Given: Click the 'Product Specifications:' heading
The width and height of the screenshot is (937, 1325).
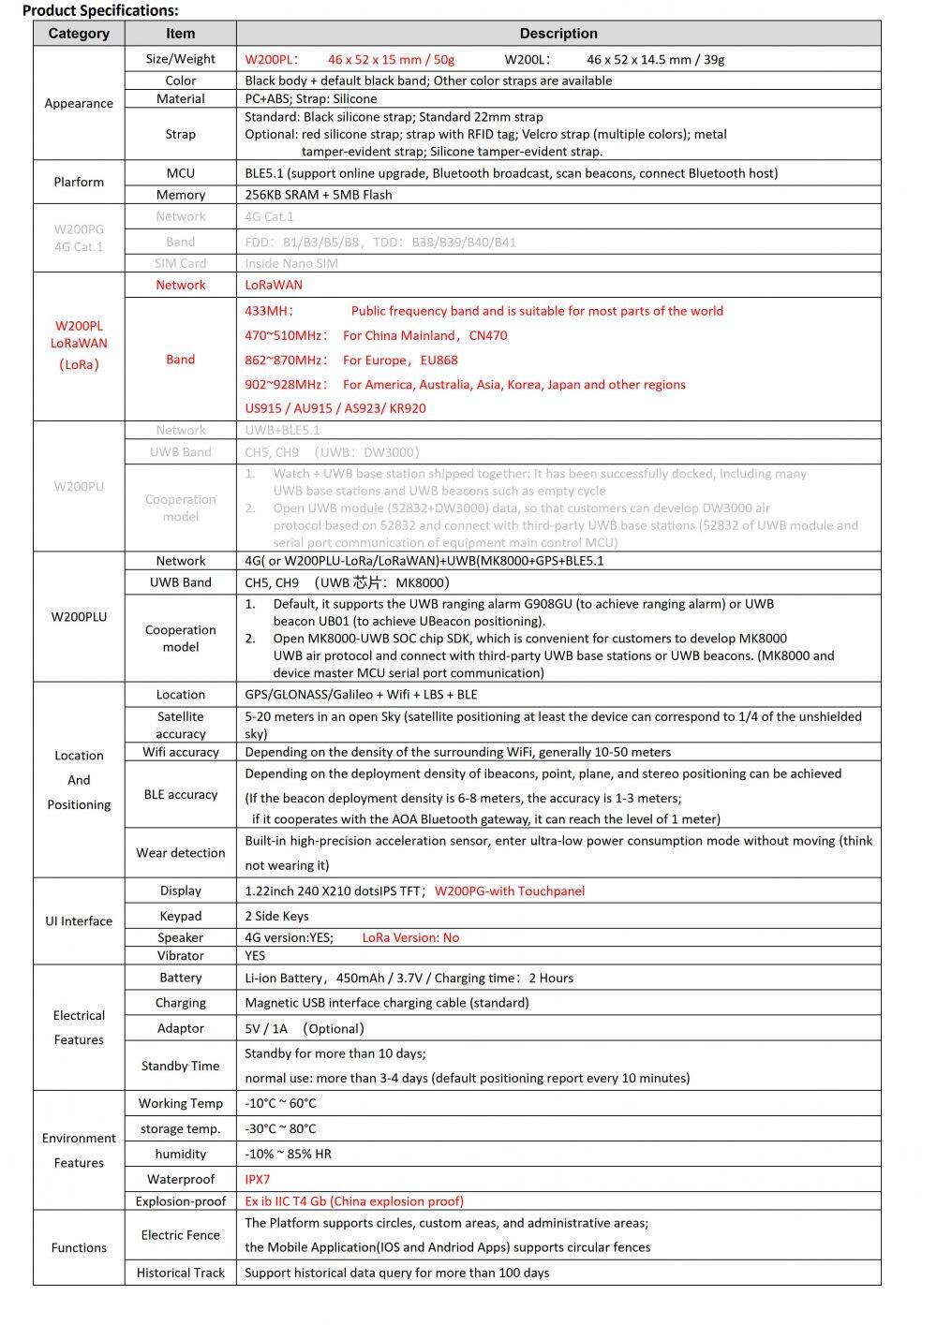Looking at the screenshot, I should pyautogui.click(x=100, y=11).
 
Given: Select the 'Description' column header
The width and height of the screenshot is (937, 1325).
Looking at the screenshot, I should pyautogui.click(x=558, y=34).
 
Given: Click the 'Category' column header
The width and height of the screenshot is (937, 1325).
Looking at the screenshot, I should pyautogui.click(x=79, y=34).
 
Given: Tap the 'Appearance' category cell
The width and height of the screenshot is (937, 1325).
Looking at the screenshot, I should pyautogui.click(x=79, y=103).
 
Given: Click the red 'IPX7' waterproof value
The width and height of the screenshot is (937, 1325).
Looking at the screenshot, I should pyautogui.click(x=258, y=1180).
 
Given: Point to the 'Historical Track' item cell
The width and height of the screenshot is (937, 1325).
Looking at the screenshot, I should pyautogui.click(x=181, y=1273).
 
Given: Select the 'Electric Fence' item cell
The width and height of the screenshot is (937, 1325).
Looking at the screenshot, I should pyautogui.click(x=181, y=1235).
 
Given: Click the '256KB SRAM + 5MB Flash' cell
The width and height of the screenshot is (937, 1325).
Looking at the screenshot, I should pyautogui.click(x=319, y=195).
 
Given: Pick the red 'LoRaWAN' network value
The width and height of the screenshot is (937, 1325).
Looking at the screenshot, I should pyautogui.click(x=274, y=285).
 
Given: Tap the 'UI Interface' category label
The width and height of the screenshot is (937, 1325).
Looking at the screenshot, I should pyautogui.click(x=79, y=921).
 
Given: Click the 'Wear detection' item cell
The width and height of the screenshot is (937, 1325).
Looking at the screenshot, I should pyautogui.click(x=181, y=853).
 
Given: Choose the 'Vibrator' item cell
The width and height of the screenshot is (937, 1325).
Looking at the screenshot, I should pyautogui.click(x=181, y=956).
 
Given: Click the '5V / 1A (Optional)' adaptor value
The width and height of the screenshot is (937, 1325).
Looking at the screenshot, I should pyautogui.click(x=304, y=1028).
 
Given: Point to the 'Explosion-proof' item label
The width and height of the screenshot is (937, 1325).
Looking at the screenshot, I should pyautogui.click(x=181, y=1201).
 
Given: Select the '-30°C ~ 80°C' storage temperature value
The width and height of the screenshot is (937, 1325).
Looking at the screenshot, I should pyautogui.click(x=280, y=1129).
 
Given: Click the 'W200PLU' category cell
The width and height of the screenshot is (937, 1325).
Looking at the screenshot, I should pyautogui.click(x=79, y=617).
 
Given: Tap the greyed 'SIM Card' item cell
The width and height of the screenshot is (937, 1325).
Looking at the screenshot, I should pyautogui.click(x=181, y=263).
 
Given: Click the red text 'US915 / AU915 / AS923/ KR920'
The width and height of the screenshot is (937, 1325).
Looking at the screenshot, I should pyautogui.click(x=335, y=408).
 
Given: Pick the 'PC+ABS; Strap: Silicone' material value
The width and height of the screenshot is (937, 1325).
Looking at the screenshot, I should pyautogui.click(x=311, y=98).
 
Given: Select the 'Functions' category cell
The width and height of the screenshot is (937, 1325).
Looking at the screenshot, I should pyautogui.click(x=79, y=1248).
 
